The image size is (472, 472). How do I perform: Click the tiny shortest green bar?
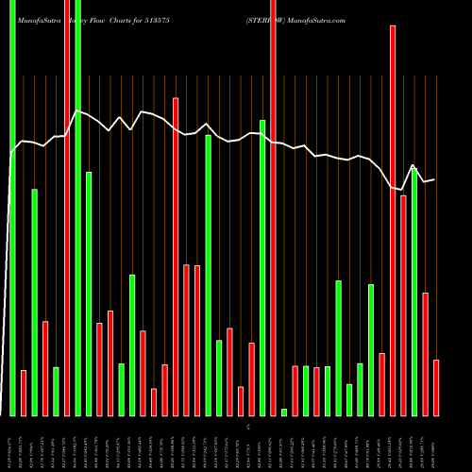[x=284, y=412]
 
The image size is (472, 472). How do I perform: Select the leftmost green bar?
[x=12, y=208]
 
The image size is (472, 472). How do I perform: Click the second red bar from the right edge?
[x=426, y=354]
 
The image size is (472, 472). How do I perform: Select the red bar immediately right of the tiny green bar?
[x=295, y=390]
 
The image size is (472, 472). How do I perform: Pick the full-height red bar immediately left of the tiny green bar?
[x=273, y=208]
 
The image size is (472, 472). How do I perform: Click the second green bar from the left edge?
[x=35, y=302]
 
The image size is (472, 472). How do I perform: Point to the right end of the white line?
[x=434, y=179]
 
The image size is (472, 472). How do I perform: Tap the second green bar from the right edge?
[x=371, y=349]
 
